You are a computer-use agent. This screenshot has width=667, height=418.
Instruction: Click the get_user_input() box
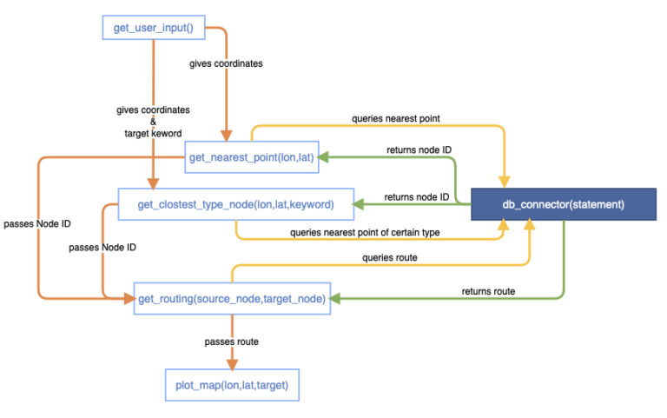tap(153, 28)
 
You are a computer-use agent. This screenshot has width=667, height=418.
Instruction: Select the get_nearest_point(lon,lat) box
tap(251, 157)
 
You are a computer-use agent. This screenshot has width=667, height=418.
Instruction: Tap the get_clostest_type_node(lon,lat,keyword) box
tap(236, 205)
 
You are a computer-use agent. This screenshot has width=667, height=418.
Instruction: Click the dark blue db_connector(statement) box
tap(563, 205)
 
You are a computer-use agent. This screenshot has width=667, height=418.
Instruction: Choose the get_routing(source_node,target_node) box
tap(232, 299)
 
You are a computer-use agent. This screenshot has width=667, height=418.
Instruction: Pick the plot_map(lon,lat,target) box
tap(232, 383)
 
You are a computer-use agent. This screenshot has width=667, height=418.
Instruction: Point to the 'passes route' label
tap(231, 342)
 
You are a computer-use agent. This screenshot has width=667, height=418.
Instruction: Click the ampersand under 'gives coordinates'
tap(153, 123)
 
